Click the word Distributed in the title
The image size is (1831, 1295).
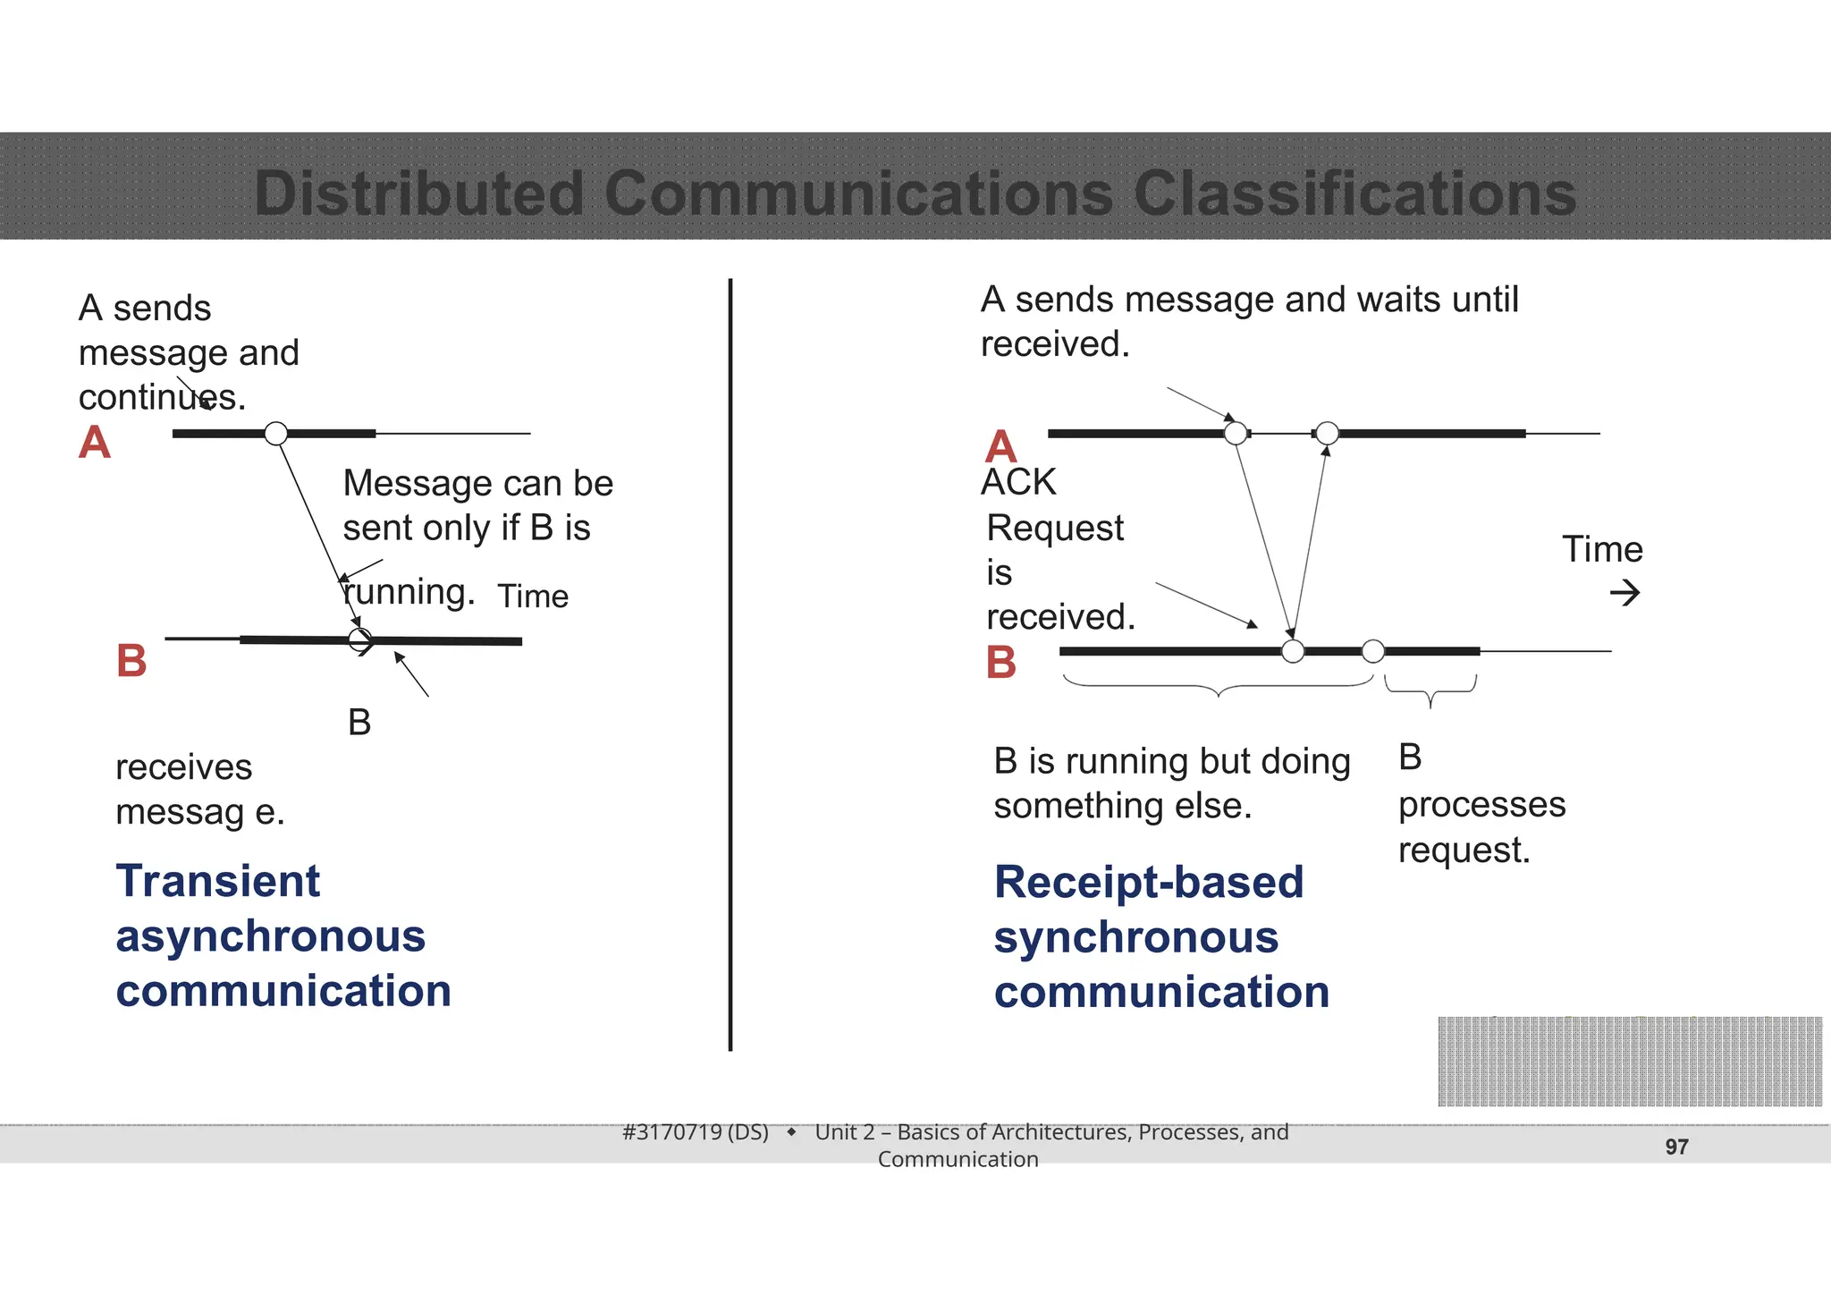pyautogui.click(x=418, y=193)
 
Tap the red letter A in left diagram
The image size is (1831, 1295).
pyautogui.click(x=94, y=443)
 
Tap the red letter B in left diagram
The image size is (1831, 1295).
pyautogui.click(x=131, y=662)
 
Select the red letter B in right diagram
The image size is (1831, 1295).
pyautogui.click(x=1000, y=664)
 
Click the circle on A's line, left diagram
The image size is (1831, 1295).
pyautogui.click(x=276, y=434)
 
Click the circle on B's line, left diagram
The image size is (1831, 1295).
pyautogui.click(x=359, y=640)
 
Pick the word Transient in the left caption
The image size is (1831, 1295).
pyautogui.click(x=217, y=881)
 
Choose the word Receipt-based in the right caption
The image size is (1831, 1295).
pyautogui.click(x=1149, y=883)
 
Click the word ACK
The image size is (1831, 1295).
pyautogui.click(x=1018, y=483)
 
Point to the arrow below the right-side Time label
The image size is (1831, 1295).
pyautogui.click(x=1624, y=592)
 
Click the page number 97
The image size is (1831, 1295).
pyautogui.click(x=1676, y=1147)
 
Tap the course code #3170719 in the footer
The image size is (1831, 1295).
pyautogui.click(x=695, y=1132)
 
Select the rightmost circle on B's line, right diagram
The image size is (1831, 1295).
pyautogui.click(x=1373, y=651)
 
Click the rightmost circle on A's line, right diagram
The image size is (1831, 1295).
pyautogui.click(x=1328, y=434)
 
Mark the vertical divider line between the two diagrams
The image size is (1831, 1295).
pyautogui.click(x=730, y=662)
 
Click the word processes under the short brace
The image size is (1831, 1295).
pyautogui.click(x=1481, y=805)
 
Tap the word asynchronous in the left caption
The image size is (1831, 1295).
pyautogui.click(x=270, y=936)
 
